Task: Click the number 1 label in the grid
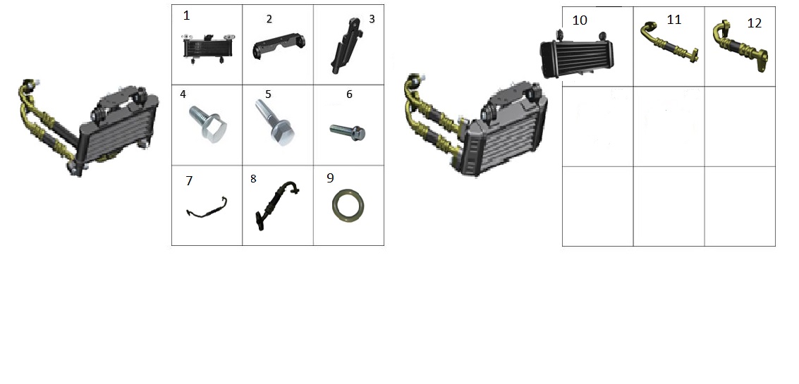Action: [x=186, y=16]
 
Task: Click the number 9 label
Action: [x=330, y=178]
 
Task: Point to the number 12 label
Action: [x=754, y=23]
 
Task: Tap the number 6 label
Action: [x=349, y=94]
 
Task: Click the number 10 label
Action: [x=580, y=20]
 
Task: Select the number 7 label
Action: [x=189, y=181]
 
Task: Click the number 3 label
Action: [x=372, y=19]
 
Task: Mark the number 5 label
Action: [x=268, y=94]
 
